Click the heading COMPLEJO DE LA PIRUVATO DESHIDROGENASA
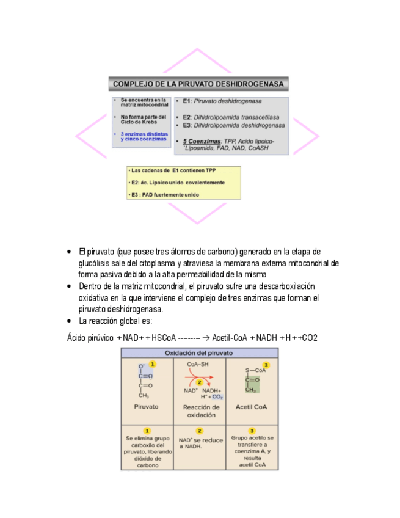[199, 84]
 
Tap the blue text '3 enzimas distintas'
[144, 134]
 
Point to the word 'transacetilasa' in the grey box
[260, 117]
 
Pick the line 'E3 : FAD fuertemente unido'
[165, 195]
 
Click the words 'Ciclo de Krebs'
[139, 121]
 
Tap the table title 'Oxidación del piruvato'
[199, 353]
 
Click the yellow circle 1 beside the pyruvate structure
[153, 364]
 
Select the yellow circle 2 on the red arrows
[199, 382]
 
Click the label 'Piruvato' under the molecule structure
[146, 406]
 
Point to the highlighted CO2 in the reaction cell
[217, 397]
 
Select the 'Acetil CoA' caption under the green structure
[251, 406]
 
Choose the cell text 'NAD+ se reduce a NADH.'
[200, 442]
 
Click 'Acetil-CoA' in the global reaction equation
[229, 338]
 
